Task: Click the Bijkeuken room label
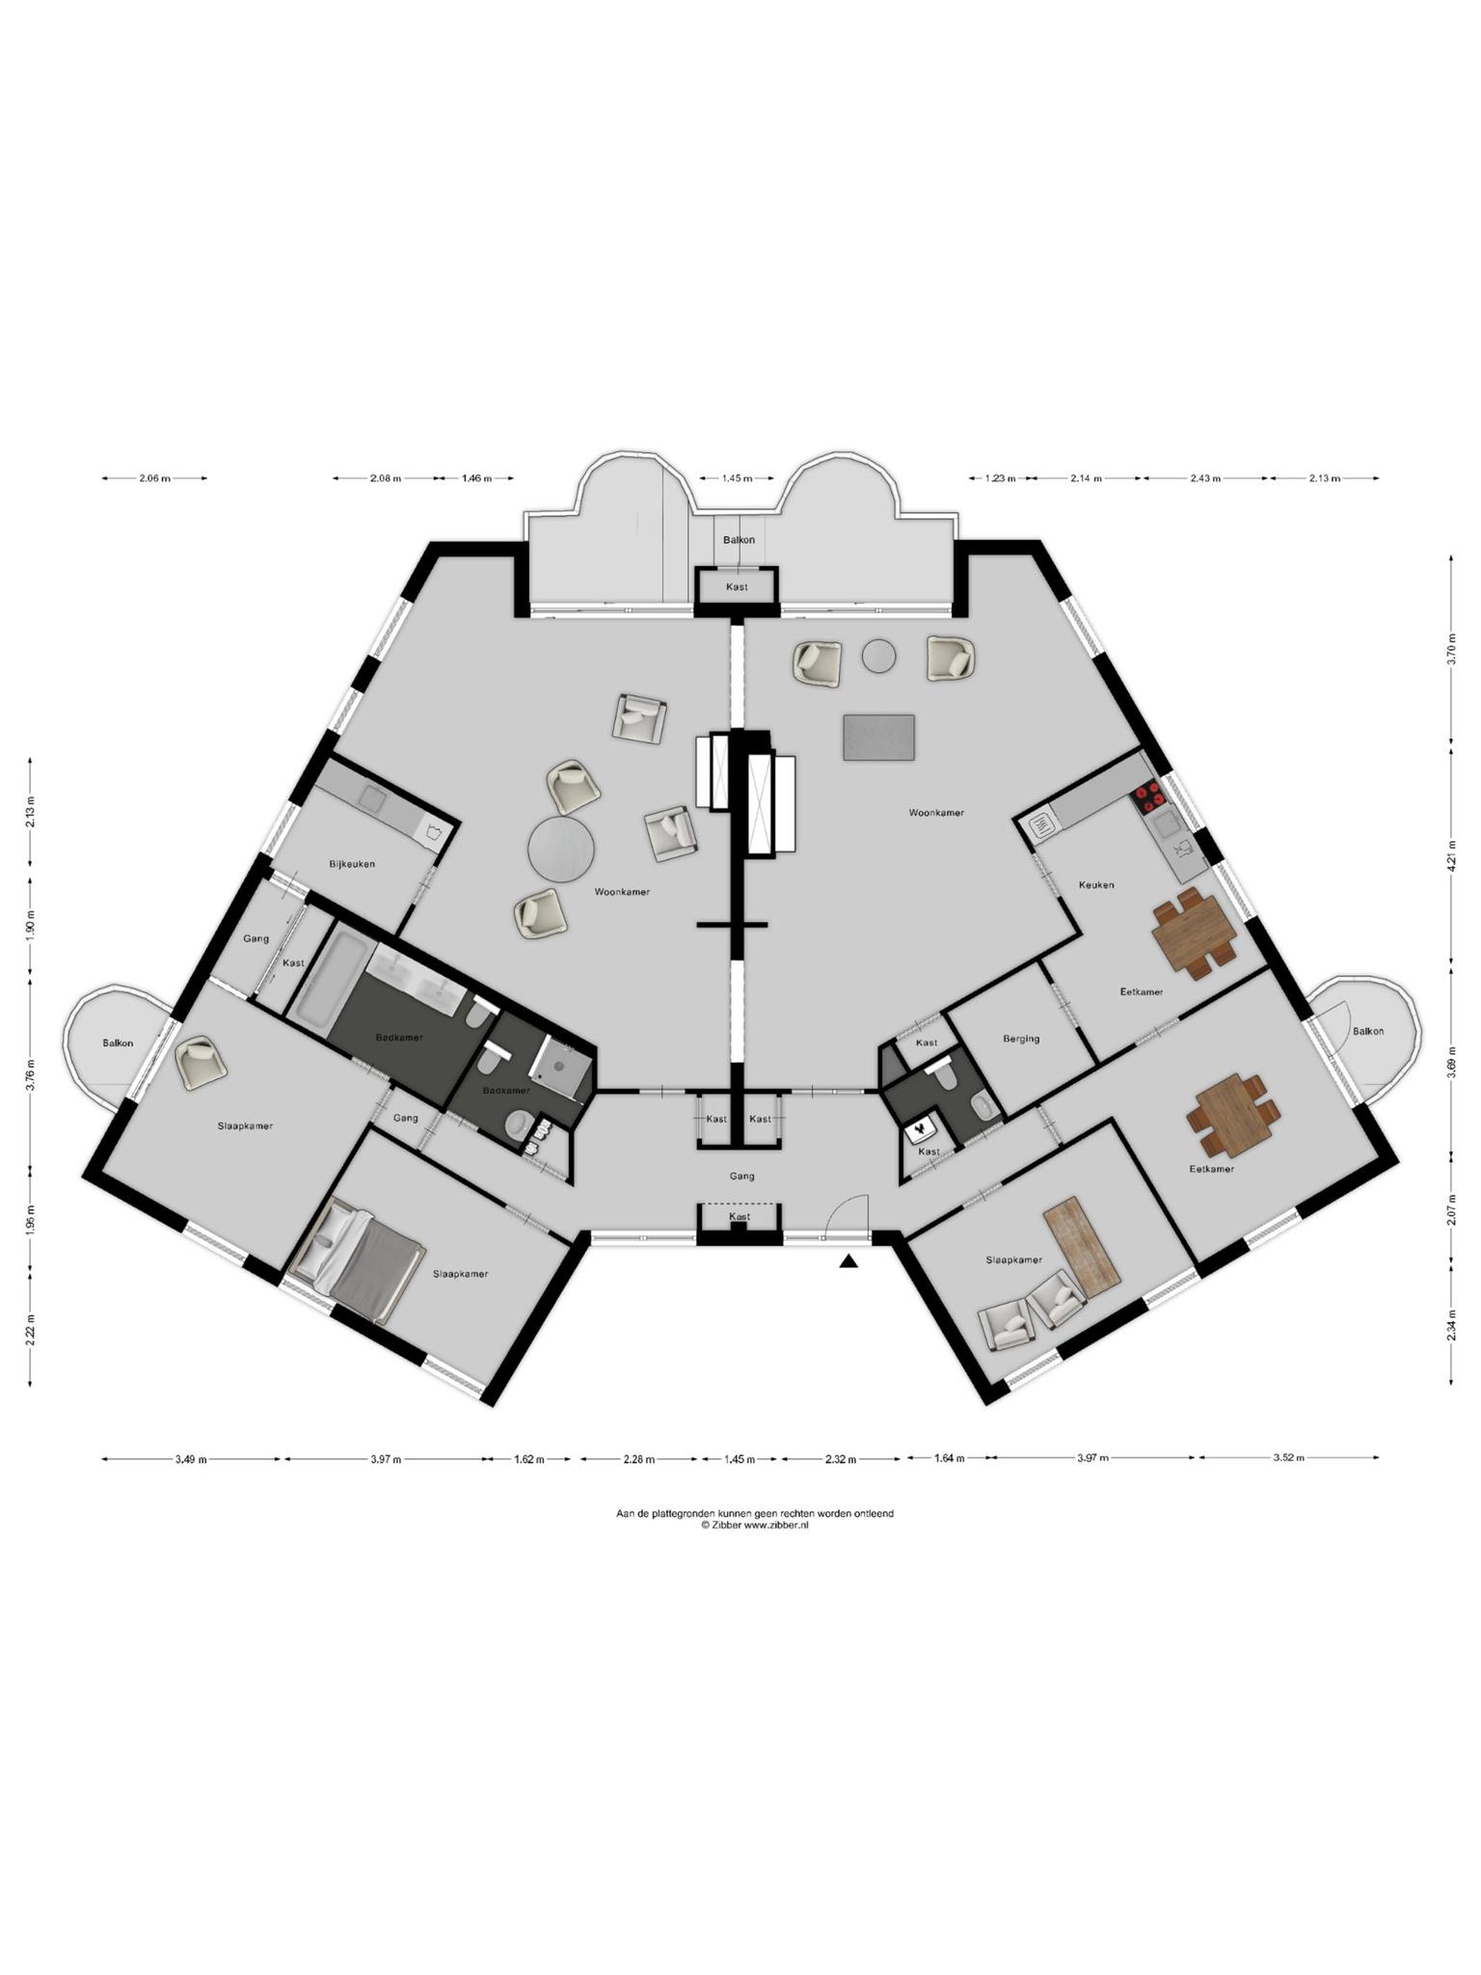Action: tap(352, 864)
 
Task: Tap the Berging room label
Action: tap(1021, 1039)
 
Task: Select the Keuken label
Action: tap(1096, 884)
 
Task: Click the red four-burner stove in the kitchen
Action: tap(1147, 798)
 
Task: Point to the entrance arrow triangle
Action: tap(848, 1261)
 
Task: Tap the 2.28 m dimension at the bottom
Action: tap(638, 1459)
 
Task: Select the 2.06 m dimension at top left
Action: tap(154, 478)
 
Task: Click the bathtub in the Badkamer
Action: tap(332, 975)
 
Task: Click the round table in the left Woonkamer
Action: tap(561, 849)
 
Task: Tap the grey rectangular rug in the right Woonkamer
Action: tap(878, 738)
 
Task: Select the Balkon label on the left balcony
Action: tap(118, 1043)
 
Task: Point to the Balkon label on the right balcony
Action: tap(1367, 1031)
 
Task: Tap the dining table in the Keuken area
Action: tap(1194, 933)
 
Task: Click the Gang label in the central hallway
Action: tap(741, 1176)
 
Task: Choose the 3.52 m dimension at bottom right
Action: tap(1288, 1458)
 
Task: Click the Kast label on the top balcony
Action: tap(737, 587)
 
